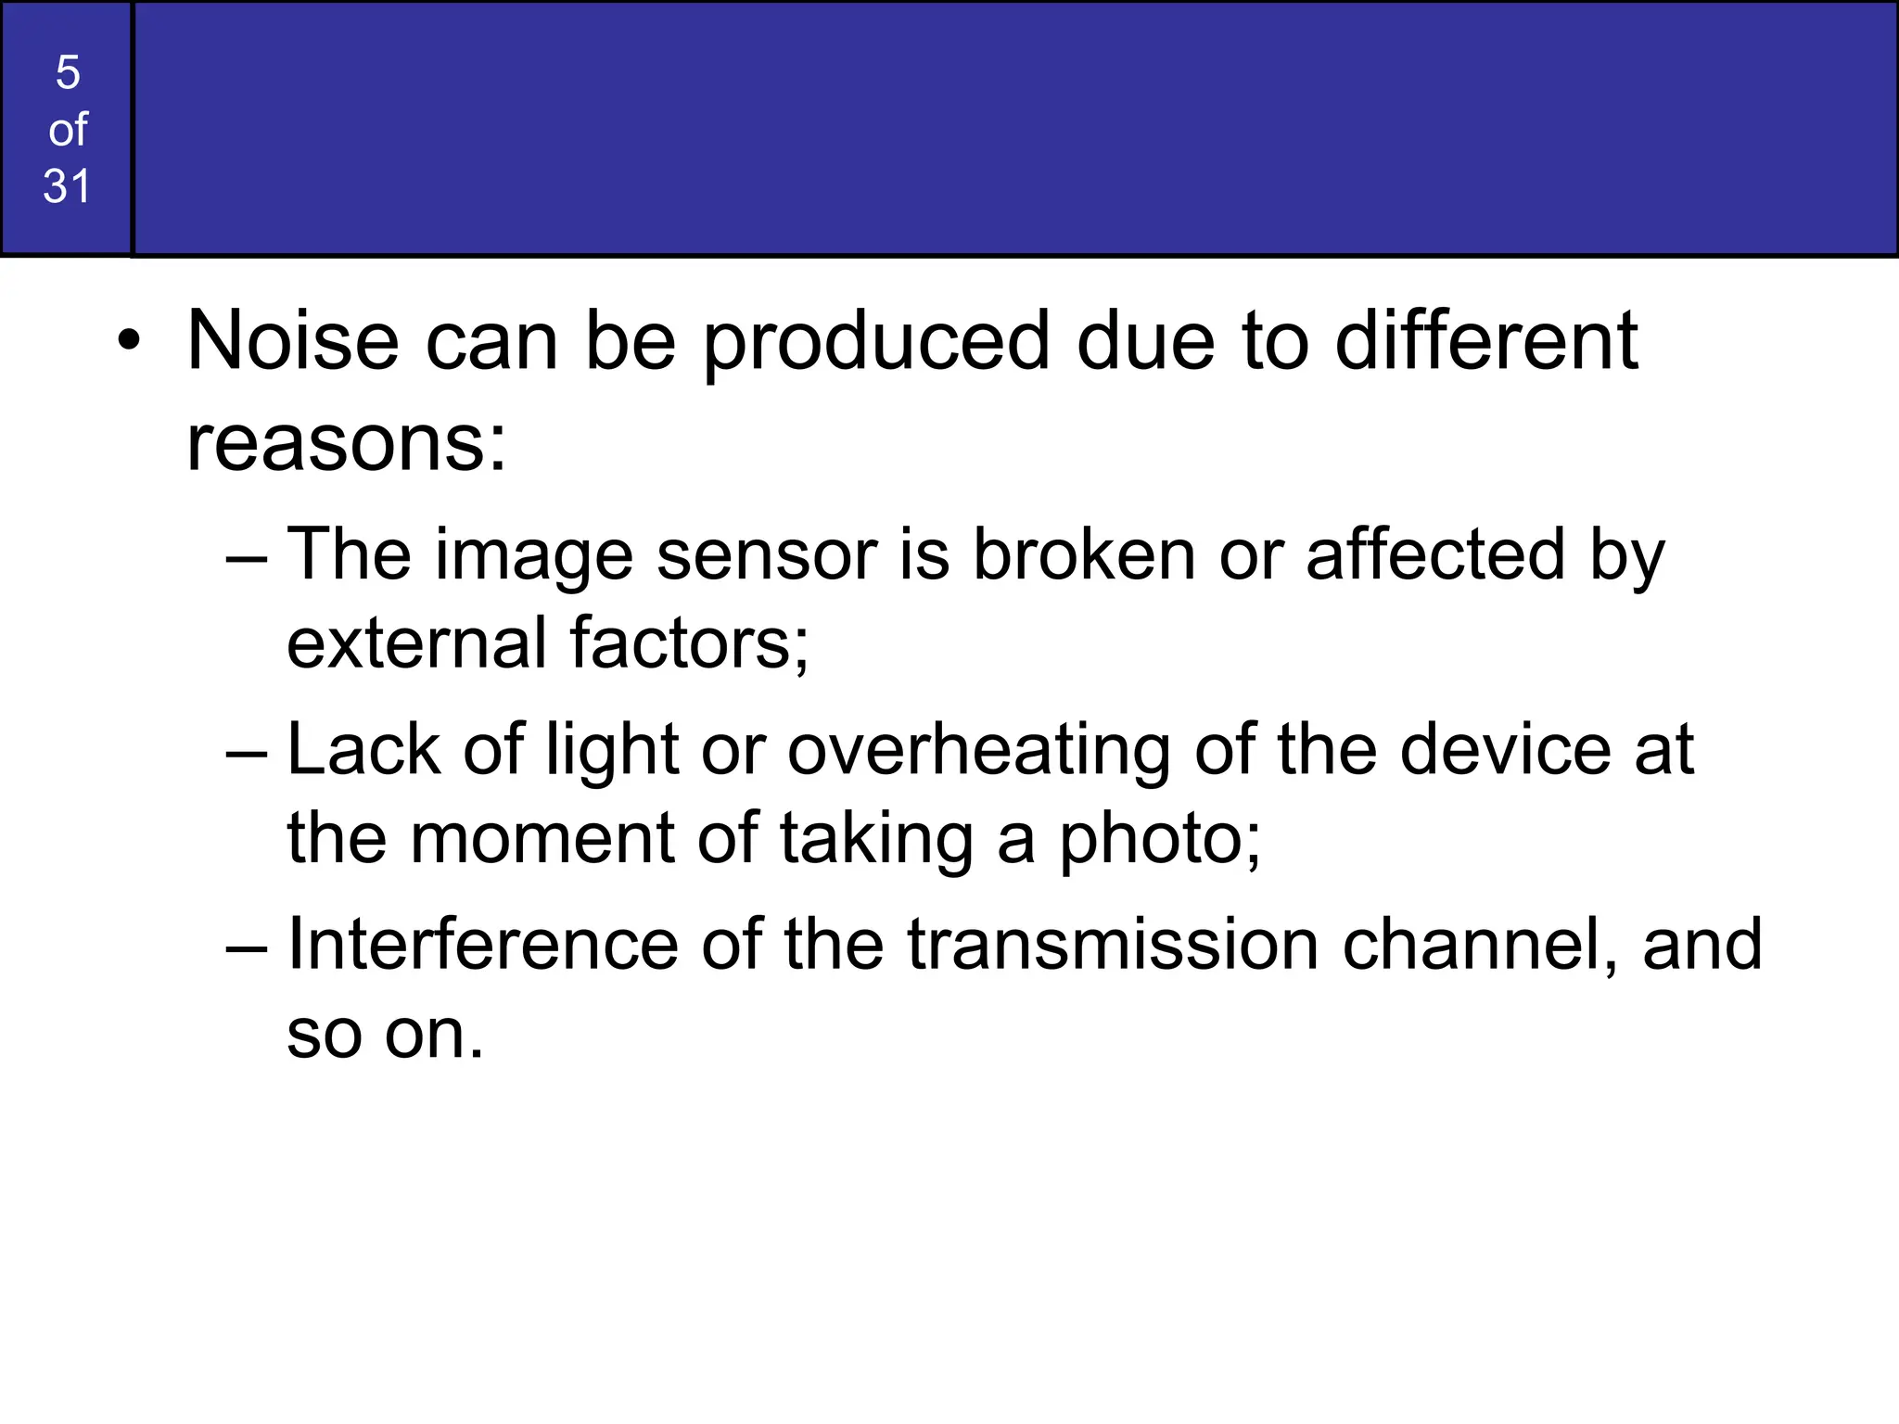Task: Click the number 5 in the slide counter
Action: pos(68,72)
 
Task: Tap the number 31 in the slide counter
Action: pos(68,185)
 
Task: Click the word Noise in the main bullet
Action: pos(293,341)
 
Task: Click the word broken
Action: pos(1084,554)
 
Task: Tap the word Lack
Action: pos(363,749)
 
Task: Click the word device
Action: pos(1505,749)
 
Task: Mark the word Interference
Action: pos(483,945)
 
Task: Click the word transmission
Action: pos(1113,945)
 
